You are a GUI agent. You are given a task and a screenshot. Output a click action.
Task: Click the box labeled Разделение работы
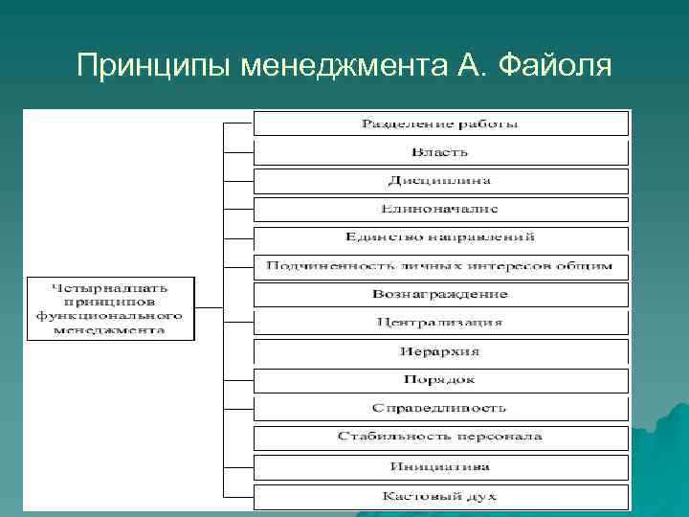click(440, 124)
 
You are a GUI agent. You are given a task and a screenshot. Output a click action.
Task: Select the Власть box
click(440, 152)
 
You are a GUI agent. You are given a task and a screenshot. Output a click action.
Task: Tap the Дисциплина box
click(440, 181)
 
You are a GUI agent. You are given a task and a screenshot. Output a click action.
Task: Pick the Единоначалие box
click(440, 209)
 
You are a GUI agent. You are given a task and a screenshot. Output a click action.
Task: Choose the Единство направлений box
click(440, 237)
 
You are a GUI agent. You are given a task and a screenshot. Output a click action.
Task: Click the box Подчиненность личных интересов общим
click(440, 266)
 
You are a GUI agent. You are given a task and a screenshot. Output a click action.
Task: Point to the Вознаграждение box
click(440, 294)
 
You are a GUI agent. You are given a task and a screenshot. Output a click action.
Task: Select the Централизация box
click(440, 323)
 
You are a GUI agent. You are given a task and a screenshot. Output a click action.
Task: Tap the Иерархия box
click(440, 351)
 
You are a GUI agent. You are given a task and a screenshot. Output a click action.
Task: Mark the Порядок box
click(440, 380)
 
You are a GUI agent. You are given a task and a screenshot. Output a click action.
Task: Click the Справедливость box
click(440, 409)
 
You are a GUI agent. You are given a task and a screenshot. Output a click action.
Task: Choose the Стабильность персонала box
click(440, 438)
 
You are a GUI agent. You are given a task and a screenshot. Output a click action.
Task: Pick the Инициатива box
click(440, 467)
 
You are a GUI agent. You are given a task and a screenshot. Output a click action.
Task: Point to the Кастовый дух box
click(440, 496)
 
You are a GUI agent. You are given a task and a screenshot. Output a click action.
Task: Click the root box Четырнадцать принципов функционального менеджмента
click(110, 307)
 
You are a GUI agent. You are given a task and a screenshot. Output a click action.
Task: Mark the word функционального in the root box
click(110, 314)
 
